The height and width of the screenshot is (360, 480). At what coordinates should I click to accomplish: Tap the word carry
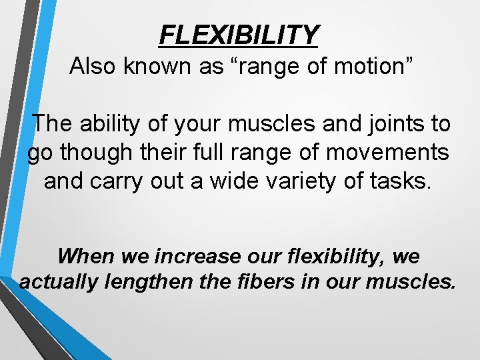119,181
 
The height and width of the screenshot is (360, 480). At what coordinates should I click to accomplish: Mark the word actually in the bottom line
59,282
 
